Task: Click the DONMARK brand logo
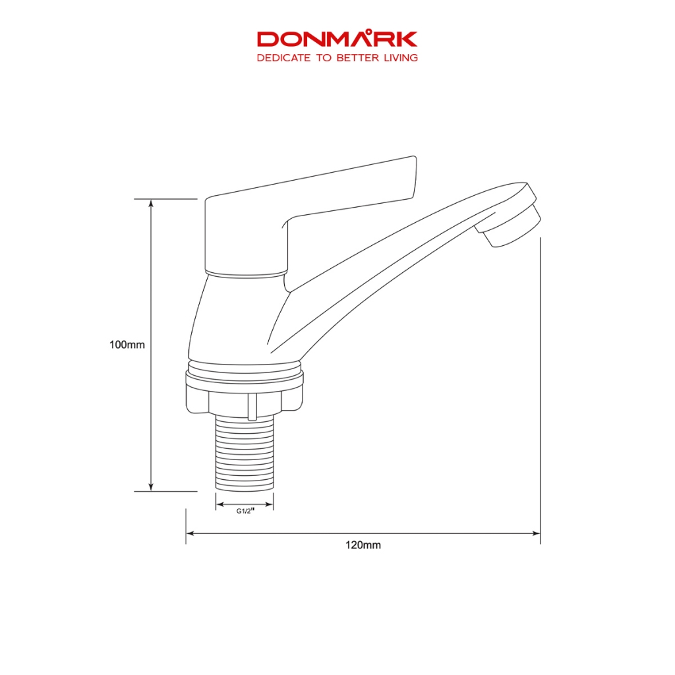coord(337,39)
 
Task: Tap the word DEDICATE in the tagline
coord(283,58)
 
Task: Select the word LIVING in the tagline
coord(401,58)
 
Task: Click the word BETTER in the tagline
coord(358,58)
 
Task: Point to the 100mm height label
coord(127,345)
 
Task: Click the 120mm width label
coord(363,545)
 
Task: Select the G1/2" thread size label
coord(245,511)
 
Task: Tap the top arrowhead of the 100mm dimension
coord(151,203)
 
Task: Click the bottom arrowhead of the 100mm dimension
coord(151,487)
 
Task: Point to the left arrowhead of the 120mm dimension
coord(191,533)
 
